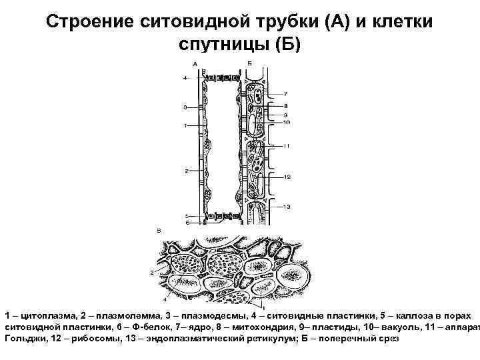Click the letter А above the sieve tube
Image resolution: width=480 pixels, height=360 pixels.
point(194,64)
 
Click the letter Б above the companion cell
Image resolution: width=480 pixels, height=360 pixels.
point(249,64)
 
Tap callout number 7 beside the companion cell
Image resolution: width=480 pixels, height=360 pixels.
point(285,93)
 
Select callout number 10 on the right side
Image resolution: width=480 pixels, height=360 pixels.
point(286,122)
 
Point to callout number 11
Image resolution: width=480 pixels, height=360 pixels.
point(286,146)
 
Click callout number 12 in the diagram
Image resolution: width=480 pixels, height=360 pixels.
point(286,177)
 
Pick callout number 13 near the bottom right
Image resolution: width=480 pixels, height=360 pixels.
point(286,207)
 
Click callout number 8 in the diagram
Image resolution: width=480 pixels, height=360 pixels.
point(285,105)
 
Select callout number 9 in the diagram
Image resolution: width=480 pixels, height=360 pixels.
point(285,115)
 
